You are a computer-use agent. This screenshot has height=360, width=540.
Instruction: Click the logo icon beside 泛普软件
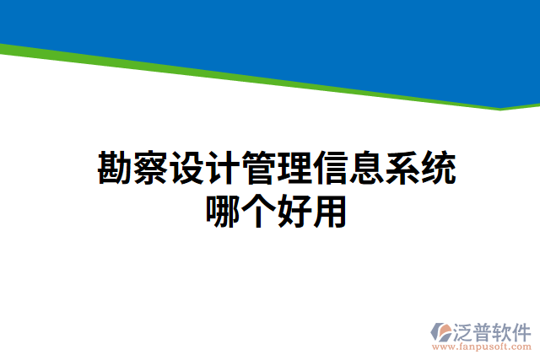tap(442, 330)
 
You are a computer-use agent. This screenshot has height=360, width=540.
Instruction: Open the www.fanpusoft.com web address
tap(481, 346)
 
